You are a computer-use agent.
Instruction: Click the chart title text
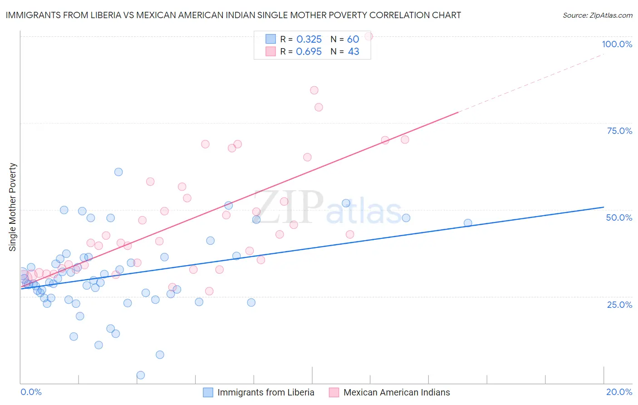pos(233,15)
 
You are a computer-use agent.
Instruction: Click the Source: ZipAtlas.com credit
pos(597,15)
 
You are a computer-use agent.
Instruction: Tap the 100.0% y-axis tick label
pos(617,44)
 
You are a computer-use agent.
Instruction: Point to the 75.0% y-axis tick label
pos(619,131)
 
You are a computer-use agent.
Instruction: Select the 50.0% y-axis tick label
pos(619,217)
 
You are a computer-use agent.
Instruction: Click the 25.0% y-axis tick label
pos(619,305)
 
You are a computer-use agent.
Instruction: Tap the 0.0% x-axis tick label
pos(31,392)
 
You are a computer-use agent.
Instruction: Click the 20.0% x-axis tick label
pos(619,392)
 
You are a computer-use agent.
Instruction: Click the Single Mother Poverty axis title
pos(13,207)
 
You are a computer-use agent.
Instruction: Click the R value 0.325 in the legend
pos(309,40)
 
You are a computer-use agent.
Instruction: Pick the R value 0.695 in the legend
pos(309,52)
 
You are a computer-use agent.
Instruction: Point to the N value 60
pos(353,40)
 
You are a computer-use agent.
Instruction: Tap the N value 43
pos(353,52)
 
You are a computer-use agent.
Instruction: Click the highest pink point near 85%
pos(314,90)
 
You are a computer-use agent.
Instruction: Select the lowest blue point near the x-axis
pos(141,375)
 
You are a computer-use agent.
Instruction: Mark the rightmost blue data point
pos(468,223)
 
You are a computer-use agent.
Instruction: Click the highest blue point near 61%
pos(118,172)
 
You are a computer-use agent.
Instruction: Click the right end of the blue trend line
pos(604,207)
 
